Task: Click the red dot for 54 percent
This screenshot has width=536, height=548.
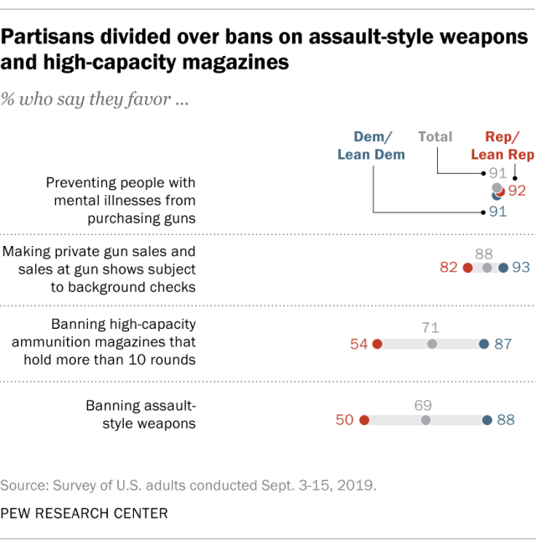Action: coord(377,344)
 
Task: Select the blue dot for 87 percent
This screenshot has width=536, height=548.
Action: coord(484,344)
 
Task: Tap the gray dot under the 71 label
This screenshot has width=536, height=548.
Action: coord(432,344)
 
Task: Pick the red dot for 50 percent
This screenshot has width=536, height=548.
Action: coord(364,420)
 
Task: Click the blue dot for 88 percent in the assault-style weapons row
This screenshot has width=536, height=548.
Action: coord(487,420)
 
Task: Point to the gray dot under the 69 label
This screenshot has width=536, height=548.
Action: coord(425,420)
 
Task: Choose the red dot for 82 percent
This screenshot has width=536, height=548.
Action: coord(468,268)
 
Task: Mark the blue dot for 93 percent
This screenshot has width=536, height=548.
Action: coord(503,268)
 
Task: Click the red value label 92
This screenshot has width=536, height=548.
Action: coord(517,191)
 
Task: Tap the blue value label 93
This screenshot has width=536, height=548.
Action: coord(521,268)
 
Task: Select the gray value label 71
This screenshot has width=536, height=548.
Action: coord(430,328)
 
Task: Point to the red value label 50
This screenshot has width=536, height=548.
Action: coord(344,420)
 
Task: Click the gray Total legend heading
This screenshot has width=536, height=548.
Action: coord(435,136)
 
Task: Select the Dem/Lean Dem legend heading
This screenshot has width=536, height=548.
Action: coord(371,146)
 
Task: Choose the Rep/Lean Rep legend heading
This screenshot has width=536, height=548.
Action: coord(502,146)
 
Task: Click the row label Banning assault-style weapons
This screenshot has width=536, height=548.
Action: coord(141,414)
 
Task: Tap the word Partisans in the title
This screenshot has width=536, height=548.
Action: coord(48,37)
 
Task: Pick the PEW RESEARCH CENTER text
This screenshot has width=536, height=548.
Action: coord(85,514)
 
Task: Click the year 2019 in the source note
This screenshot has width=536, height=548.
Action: coord(357,485)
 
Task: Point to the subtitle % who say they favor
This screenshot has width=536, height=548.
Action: coord(95,100)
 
